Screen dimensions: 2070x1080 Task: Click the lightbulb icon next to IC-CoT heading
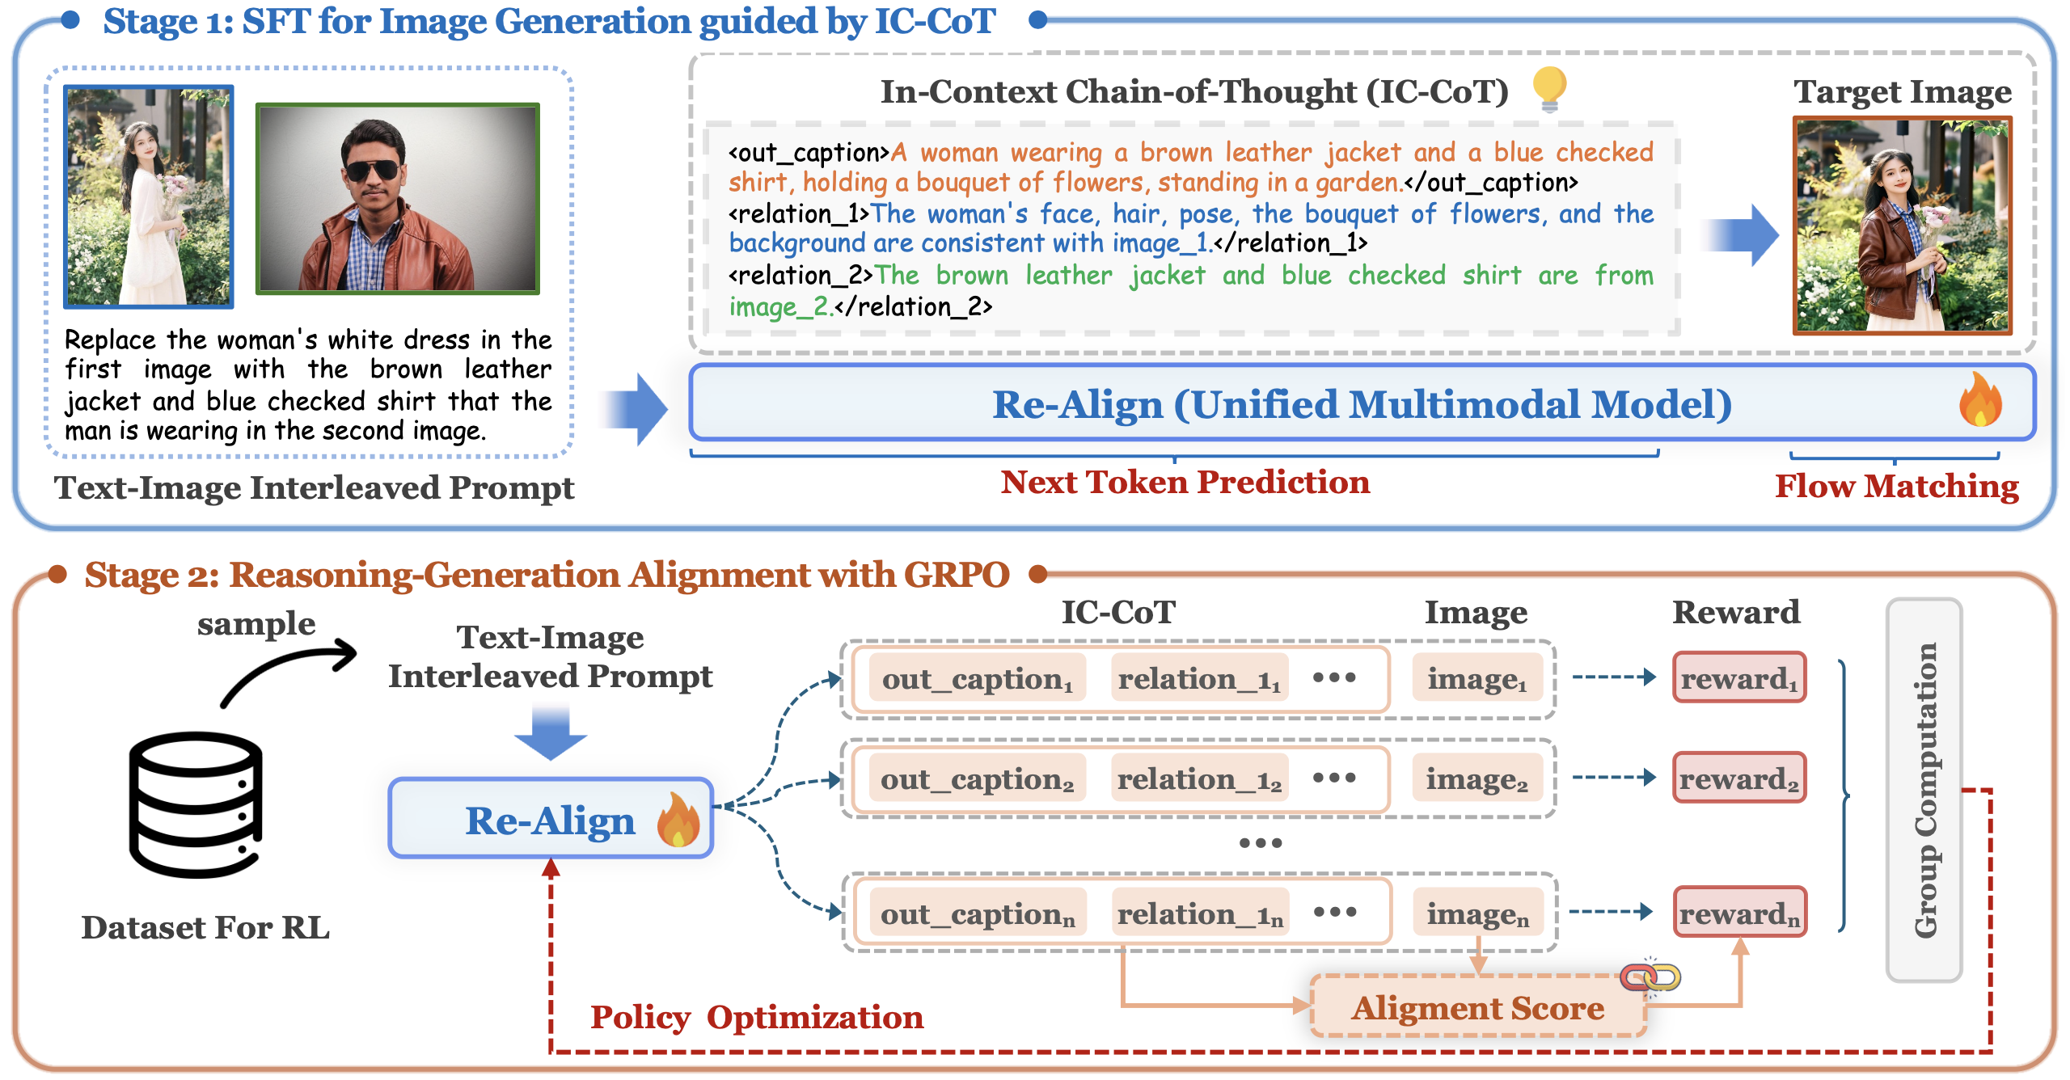click(x=1549, y=89)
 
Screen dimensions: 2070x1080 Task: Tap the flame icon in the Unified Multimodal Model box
click(x=1980, y=399)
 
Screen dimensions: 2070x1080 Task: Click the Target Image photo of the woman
click(x=1903, y=226)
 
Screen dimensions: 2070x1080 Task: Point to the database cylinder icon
click(x=196, y=804)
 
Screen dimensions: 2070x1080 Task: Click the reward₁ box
click(x=1739, y=677)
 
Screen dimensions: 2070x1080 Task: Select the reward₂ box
click(x=1739, y=778)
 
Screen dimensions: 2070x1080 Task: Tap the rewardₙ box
click(x=1739, y=912)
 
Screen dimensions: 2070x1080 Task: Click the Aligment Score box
click(x=1478, y=1006)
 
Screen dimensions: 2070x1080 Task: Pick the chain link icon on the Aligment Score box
click(x=1650, y=977)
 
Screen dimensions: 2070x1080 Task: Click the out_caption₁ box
click(x=978, y=678)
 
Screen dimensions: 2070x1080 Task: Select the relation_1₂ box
click(x=1199, y=778)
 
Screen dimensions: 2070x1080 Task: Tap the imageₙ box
click(x=1478, y=913)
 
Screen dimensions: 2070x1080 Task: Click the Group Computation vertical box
click(x=1924, y=790)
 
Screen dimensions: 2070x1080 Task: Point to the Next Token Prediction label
click(x=1185, y=483)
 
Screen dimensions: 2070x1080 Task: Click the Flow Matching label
click(x=1897, y=487)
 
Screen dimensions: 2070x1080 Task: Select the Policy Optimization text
click(x=757, y=1018)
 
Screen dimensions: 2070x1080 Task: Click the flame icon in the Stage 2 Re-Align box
click(x=678, y=819)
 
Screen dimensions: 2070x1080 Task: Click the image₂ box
click(x=1477, y=778)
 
